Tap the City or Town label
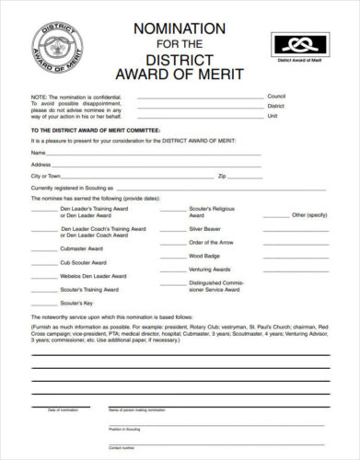click(x=45, y=175)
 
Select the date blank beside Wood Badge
click(x=172, y=255)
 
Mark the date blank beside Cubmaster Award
click(x=43, y=247)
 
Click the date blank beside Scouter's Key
click(x=43, y=303)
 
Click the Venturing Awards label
click(x=211, y=269)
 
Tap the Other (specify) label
click(x=309, y=214)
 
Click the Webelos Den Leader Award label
click(x=94, y=275)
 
